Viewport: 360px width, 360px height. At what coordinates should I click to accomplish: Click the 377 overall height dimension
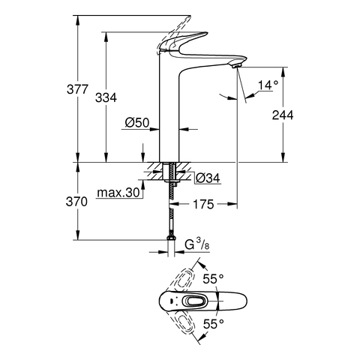77,89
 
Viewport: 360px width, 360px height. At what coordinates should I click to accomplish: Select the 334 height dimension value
106,97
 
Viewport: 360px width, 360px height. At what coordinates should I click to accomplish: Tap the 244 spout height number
283,115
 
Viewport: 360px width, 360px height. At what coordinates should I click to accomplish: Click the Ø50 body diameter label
137,123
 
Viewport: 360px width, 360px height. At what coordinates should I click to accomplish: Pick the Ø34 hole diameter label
208,178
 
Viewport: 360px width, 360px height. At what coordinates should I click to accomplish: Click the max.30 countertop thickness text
118,193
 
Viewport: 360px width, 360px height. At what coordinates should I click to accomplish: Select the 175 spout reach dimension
203,204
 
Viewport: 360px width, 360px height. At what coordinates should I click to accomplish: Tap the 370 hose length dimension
76,202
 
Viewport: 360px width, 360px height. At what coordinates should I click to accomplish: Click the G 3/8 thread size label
197,244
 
